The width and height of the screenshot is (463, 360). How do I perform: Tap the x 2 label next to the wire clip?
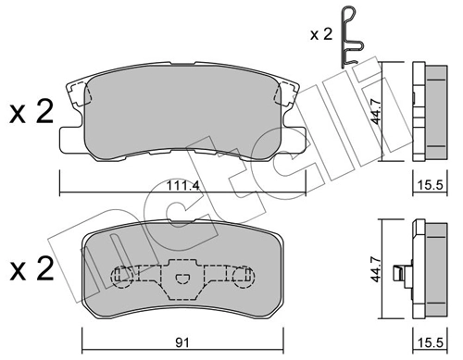pyautogui.click(x=321, y=34)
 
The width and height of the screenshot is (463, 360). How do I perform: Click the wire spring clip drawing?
pyautogui.click(x=352, y=37)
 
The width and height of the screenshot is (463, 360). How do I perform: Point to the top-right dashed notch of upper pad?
pyautogui.click(x=284, y=91)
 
